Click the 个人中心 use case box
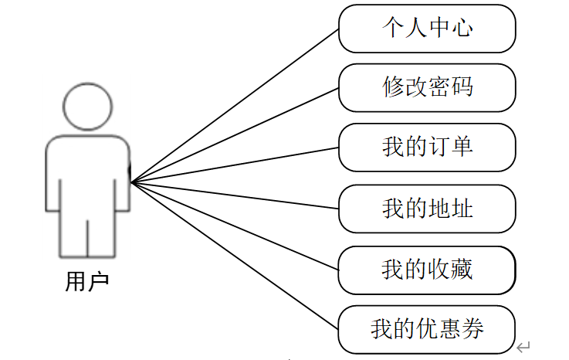(x=427, y=28)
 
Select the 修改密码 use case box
(x=427, y=87)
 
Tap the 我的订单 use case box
(x=427, y=147)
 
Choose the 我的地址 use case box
(x=427, y=208)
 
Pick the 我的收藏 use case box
(x=427, y=269)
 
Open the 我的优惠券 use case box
(x=427, y=329)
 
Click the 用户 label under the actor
(x=87, y=281)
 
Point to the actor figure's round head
(x=87, y=106)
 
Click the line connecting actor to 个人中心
(x=235, y=107)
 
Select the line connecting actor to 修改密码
(x=235, y=136)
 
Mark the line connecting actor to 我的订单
(x=235, y=165)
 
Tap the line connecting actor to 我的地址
(x=235, y=195)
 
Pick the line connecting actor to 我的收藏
(x=235, y=226)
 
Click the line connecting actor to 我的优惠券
(x=235, y=256)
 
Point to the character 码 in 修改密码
(x=462, y=87)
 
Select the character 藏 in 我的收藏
(x=462, y=269)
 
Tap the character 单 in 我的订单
(x=462, y=147)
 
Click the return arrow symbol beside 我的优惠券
(x=523, y=347)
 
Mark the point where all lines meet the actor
(x=131, y=182)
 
